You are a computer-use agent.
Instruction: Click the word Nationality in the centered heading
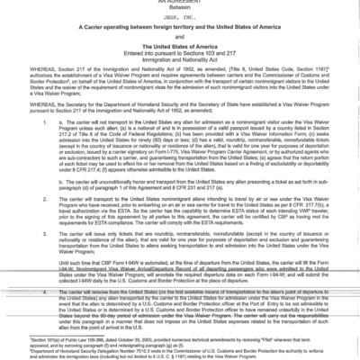(200, 65)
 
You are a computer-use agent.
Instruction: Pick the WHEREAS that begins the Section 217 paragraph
(21, 76)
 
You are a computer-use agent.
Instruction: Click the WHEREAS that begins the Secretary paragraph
(21, 107)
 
